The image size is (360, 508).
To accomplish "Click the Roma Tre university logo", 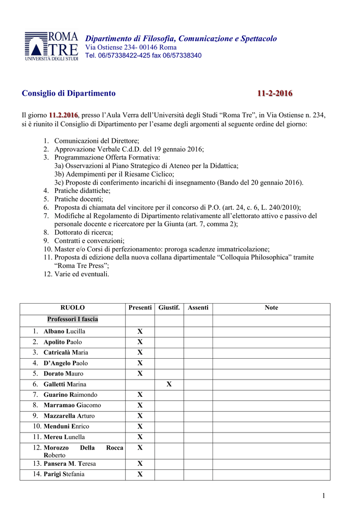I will coord(52,46).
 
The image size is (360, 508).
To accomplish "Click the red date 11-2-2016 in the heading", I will coord(275,93).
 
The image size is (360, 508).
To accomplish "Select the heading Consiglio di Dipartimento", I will coord(69,93).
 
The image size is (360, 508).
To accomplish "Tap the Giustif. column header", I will coord(169,308).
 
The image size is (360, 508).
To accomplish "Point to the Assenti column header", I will coord(198,308).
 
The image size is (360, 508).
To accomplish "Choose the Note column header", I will coord(271,308).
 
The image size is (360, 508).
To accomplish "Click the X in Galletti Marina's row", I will coord(169,384).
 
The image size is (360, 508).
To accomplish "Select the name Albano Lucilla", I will coord(65,331).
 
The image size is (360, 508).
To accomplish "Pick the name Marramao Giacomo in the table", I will coord(72,405).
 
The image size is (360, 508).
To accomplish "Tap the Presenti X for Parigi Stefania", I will coord(140,474).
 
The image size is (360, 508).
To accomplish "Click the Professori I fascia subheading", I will coord(72,319).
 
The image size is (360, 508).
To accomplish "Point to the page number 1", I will coord(323,496).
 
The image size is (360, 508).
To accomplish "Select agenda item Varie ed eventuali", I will coord(82,274).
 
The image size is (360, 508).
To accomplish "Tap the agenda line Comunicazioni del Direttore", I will coord(96,141).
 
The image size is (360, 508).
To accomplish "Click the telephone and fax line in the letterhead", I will coord(144,55).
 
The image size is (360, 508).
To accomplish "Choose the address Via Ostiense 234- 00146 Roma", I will coord(131,47).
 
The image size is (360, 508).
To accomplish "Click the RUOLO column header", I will coord(72,308).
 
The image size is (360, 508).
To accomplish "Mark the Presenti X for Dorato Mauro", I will coord(140,374).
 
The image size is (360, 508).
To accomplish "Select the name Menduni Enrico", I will coord(67,427).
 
